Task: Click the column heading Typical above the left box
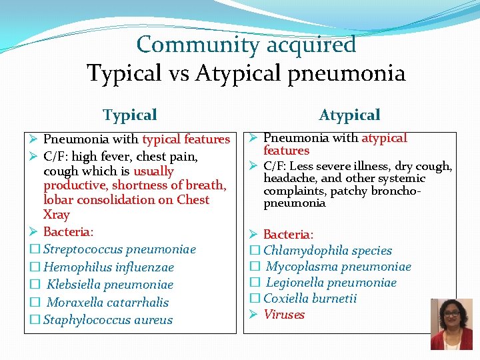click(x=130, y=115)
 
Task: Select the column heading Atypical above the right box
click(x=349, y=115)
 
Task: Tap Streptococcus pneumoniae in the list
click(x=119, y=249)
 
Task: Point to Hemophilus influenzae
click(x=108, y=267)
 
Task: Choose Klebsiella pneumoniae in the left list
click(x=110, y=285)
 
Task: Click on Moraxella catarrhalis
click(x=107, y=302)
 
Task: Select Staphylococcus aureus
click(x=107, y=320)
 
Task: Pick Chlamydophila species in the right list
click(x=327, y=251)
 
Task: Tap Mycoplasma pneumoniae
click(x=338, y=267)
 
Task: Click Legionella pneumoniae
click(x=331, y=283)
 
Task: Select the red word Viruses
click(x=284, y=315)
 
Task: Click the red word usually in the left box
click(x=153, y=171)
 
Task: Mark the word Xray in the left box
click(x=56, y=215)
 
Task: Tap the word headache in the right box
click(x=287, y=178)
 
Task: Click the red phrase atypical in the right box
click(x=384, y=138)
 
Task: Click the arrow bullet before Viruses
click(x=253, y=315)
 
